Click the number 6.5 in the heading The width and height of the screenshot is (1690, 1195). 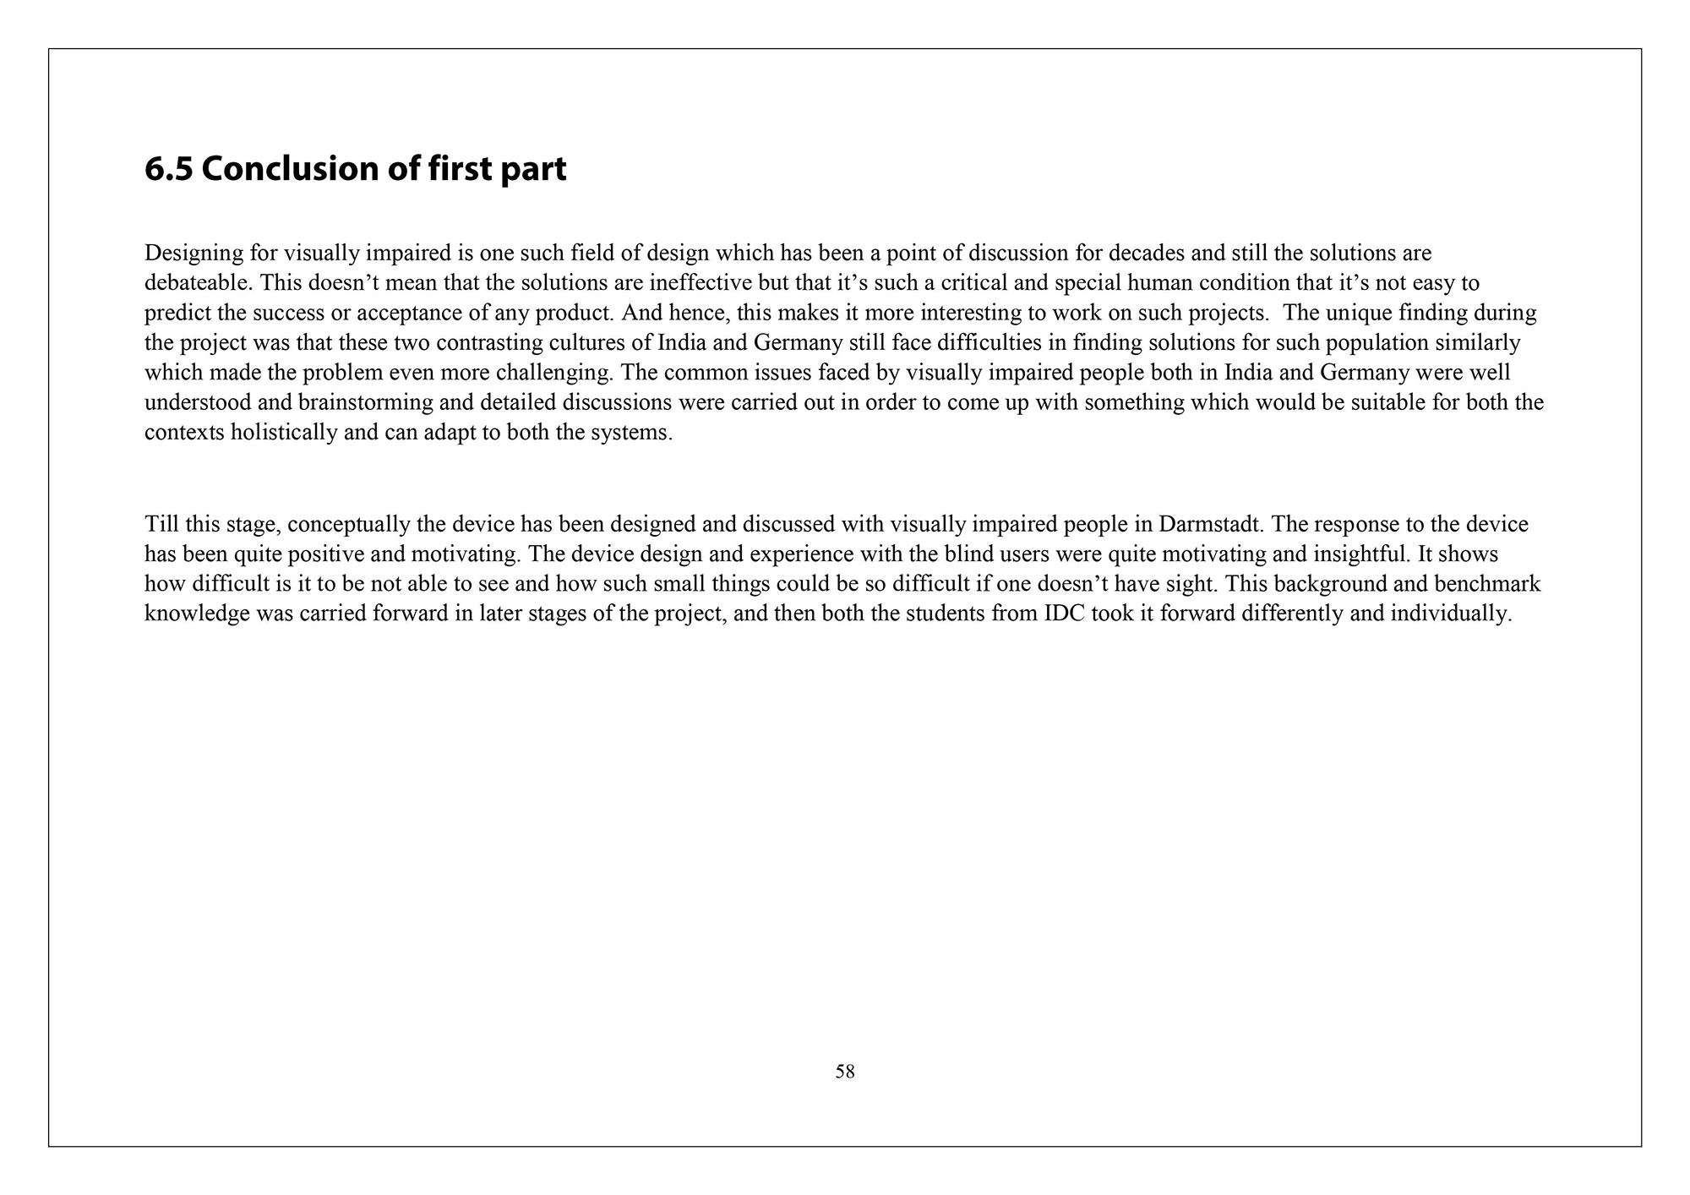(x=168, y=169)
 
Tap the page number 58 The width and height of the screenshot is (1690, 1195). (x=845, y=1072)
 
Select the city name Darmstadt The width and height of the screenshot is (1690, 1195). (x=1211, y=524)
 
